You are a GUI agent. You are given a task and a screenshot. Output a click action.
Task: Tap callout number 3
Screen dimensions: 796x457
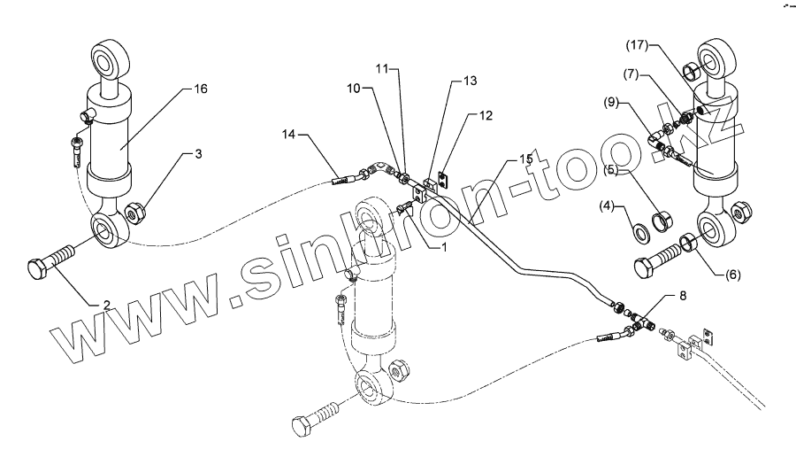point(199,154)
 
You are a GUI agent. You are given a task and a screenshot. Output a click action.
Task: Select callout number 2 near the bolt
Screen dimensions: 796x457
point(106,305)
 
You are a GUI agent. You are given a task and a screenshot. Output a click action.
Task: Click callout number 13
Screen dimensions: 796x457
point(470,81)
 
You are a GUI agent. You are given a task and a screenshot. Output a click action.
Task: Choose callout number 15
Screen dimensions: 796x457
point(525,159)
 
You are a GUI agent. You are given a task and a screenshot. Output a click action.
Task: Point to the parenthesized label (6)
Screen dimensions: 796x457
point(733,275)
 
